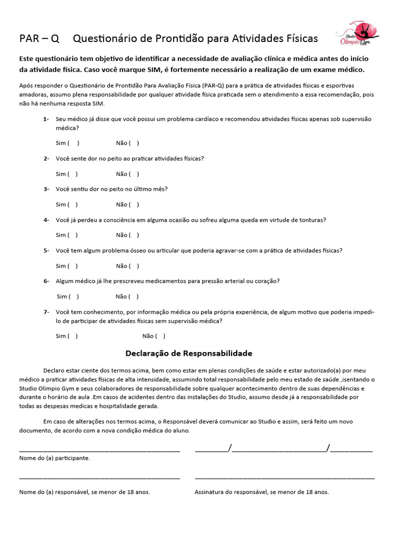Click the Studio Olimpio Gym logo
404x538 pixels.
[x=358, y=35]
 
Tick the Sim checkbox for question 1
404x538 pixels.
[x=74, y=143]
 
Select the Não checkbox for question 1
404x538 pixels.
[x=134, y=143]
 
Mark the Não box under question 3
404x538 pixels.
[x=134, y=204]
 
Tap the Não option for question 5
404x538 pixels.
[x=134, y=266]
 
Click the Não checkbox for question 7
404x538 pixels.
[x=160, y=336]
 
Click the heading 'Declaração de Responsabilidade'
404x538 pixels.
[x=189, y=353]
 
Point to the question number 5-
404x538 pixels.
[x=46, y=251]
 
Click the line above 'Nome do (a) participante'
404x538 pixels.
[x=99, y=450]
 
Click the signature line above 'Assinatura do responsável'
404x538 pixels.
[x=285, y=478]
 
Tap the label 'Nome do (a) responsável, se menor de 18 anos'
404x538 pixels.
[x=84, y=492]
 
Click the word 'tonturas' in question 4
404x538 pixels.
[x=314, y=220]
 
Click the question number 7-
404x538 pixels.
[x=46, y=312]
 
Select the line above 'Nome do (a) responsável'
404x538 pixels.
[x=99, y=478]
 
